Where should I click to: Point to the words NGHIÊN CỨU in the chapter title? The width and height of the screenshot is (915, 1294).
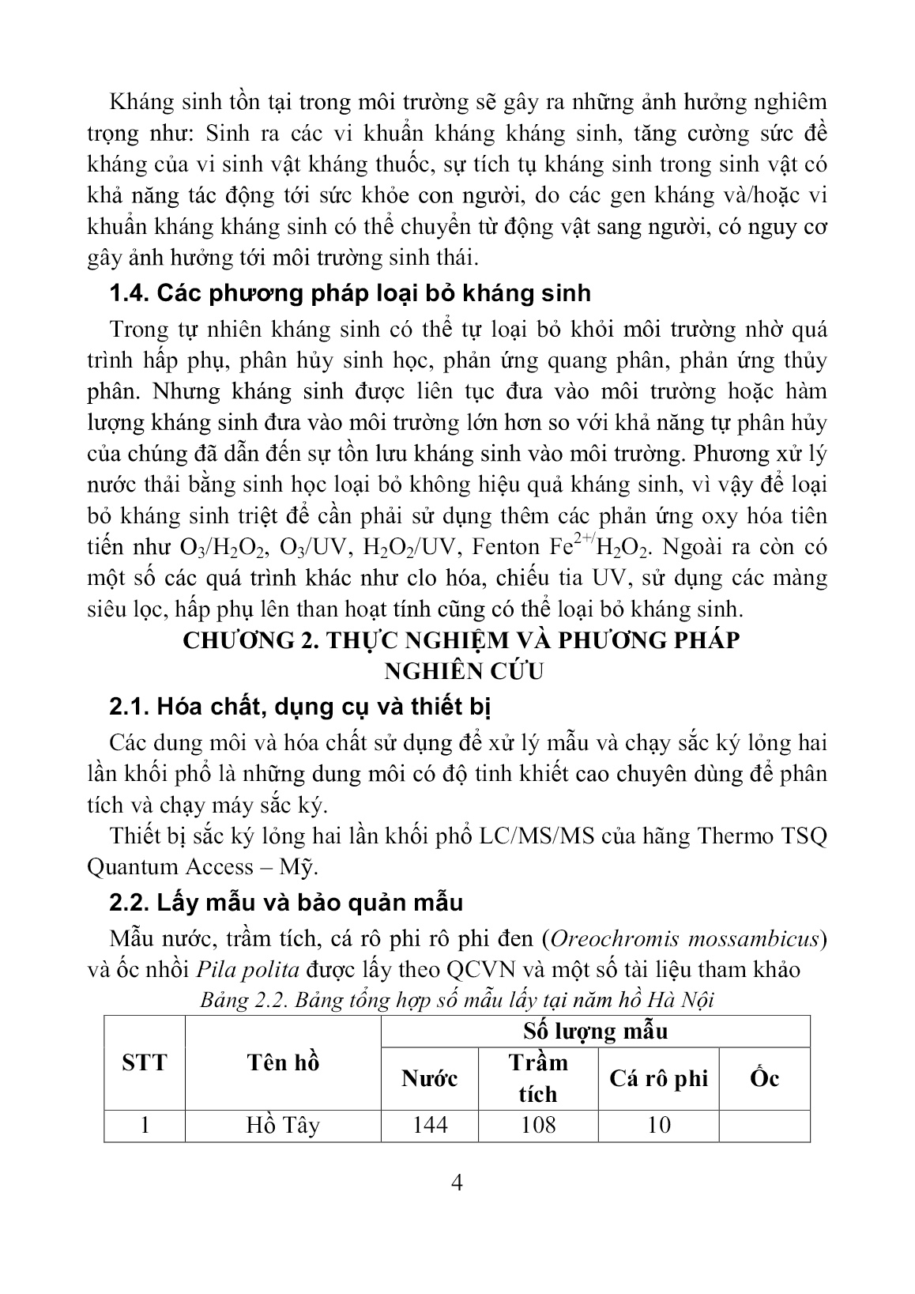pyautogui.click(x=464, y=671)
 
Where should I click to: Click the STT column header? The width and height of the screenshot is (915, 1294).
pyautogui.click(x=145, y=1062)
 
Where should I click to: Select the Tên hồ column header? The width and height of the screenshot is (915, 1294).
pyautogui.click(x=283, y=1062)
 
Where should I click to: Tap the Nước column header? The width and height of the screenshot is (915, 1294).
pyautogui.click(x=430, y=1078)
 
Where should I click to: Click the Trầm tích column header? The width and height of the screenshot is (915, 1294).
pyautogui.click(x=537, y=1077)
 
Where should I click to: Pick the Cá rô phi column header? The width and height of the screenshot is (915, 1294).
pyautogui.click(x=658, y=1078)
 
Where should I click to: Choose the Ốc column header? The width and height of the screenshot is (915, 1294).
pyautogui.click(x=764, y=1078)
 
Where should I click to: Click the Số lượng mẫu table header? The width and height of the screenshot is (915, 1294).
pyautogui.click(x=595, y=1031)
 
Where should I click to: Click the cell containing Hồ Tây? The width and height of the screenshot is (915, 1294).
pyautogui.click(x=283, y=1125)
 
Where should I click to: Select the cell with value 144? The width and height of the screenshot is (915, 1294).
pyautogui.click(x=430, y=1125)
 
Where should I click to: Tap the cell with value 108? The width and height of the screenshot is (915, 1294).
pyautogui.click(x=537, y=1125)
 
